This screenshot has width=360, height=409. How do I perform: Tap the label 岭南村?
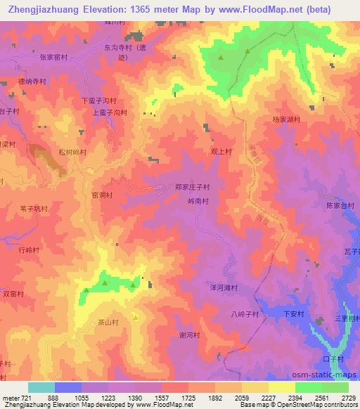[x=199, y=200]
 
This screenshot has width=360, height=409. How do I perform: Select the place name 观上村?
[x=221, y=150]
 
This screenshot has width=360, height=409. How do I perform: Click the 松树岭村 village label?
[x=72, y=151]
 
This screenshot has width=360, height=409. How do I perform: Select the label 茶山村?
[x=108, y=323]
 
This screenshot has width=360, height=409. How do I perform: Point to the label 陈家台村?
[x=340, y=206]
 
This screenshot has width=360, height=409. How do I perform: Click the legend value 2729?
[x=347, y=398]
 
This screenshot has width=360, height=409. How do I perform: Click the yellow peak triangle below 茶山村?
[x=136, y=318]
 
